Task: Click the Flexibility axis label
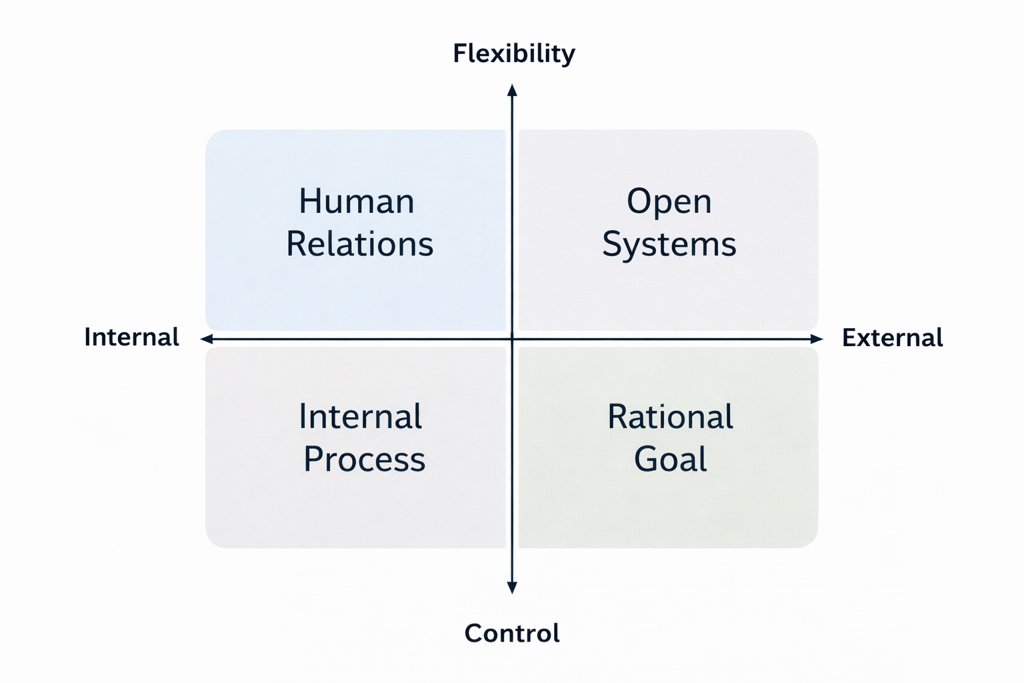(513, 53)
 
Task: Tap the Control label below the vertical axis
(512, 633)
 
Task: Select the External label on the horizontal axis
(892, 337)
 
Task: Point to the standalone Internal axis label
(131, 337)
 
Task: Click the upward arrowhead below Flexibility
(512, 91)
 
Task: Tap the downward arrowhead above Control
(512, 587)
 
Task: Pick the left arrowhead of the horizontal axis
(207, 339)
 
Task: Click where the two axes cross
(512, 339)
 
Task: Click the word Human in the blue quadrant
(357, 201)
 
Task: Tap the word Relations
(360, 244)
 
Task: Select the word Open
(669, 201)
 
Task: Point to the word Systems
(669, 244)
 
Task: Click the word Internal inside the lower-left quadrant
(360, 417)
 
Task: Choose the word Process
(364, 460)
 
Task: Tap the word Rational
(670, 417)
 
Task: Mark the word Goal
(670, 460)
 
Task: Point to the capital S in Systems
(612, 244)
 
